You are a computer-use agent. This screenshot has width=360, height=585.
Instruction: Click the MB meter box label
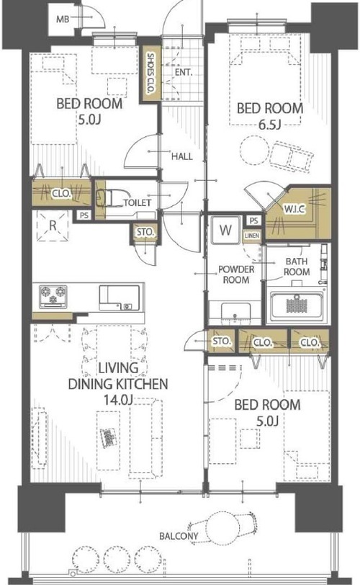point(63,19)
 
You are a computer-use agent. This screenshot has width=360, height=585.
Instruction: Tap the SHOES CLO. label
point(151,73)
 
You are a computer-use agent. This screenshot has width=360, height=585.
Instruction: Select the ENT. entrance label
point(184,72)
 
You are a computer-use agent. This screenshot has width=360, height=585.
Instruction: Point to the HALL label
point(182,156)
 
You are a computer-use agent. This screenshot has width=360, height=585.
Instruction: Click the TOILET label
point(137,202)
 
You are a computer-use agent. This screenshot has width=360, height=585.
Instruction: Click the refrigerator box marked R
point(53,225)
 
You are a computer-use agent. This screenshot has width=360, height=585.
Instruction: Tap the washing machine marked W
point(225,230)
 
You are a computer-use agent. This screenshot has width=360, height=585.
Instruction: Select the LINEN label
point(252,236)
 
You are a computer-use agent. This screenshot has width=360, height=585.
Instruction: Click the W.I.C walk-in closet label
point(294,209)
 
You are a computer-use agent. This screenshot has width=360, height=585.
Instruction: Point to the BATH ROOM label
point(297,267)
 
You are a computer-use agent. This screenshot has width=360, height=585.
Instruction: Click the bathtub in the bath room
point(297,305)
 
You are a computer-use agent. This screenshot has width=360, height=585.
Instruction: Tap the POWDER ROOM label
point(236,274)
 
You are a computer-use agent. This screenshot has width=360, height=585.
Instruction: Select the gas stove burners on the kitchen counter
point(53,296)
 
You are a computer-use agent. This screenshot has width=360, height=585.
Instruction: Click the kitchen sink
point(120,298)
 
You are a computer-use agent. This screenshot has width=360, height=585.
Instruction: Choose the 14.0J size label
point(118,400)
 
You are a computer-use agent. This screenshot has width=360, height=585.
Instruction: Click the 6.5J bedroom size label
point(270,125)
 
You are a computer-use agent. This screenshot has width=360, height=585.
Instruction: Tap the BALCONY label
point(179,536)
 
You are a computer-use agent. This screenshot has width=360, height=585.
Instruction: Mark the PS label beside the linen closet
point(253,220)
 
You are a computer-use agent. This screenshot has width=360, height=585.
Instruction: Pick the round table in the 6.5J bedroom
point(254,151)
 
